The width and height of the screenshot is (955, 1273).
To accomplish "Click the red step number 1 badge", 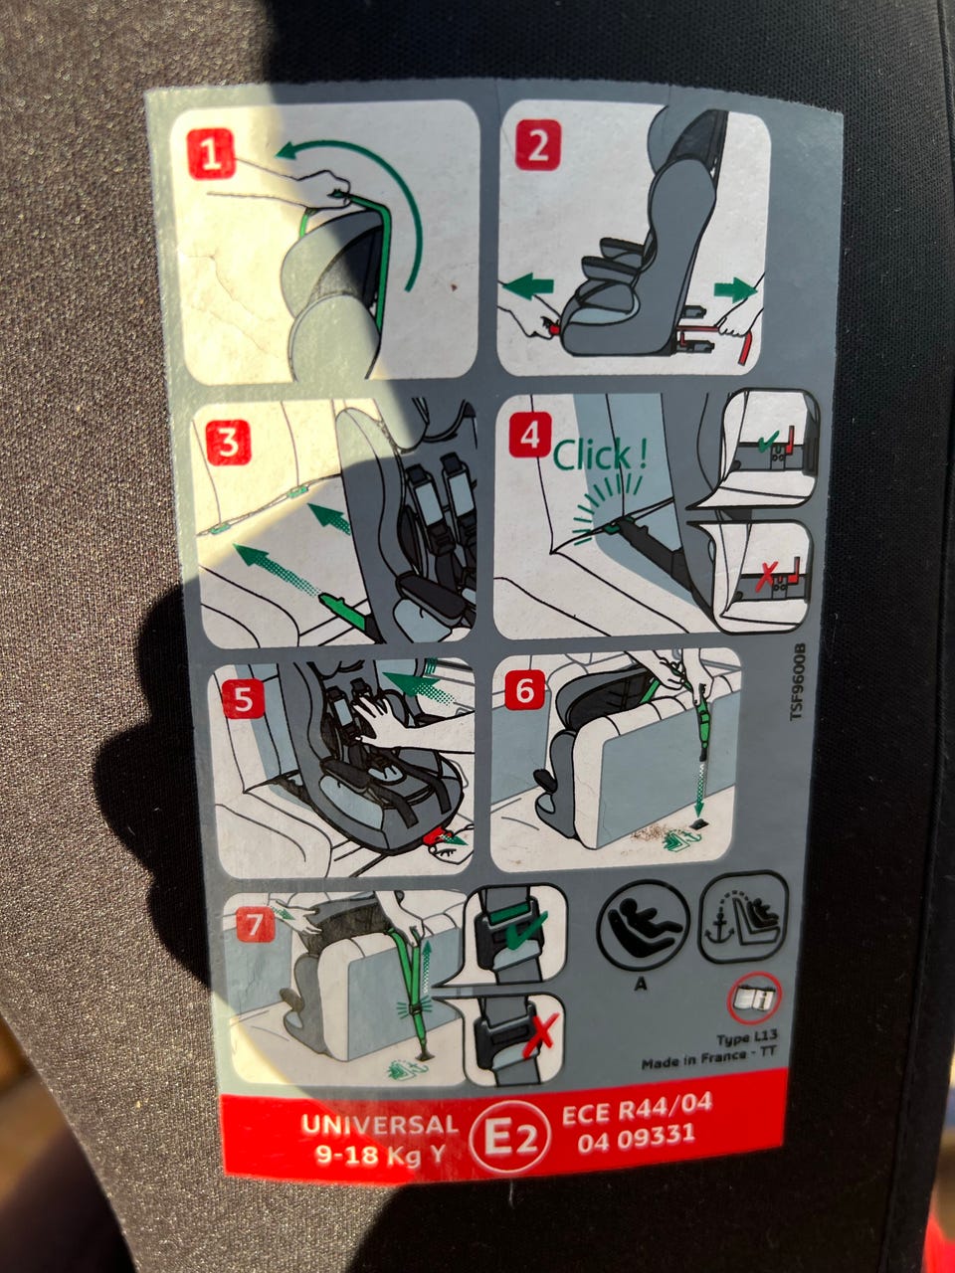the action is pos(212,154).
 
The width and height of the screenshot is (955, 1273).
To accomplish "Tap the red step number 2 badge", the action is pos(537,145).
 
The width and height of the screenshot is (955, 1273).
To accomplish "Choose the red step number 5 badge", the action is pos(244,699).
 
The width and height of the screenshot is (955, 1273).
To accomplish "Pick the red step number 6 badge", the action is pos(525,690).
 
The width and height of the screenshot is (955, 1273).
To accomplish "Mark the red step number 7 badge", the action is pos(255,925).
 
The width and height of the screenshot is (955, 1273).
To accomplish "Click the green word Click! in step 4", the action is pos(600,455).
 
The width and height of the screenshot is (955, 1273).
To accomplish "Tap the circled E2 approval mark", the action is pos(509,1140).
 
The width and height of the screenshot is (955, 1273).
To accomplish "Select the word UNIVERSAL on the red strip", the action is pos(379,1125).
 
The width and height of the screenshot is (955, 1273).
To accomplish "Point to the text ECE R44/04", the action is pos(637,1111).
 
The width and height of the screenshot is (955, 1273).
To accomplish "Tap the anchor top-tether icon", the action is pos(744,917).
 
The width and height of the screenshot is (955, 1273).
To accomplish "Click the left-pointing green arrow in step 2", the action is pos(527,286).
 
